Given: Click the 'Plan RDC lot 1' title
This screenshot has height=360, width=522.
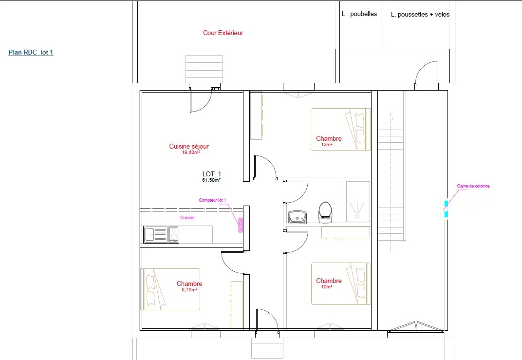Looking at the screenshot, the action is pyautogui.click(x=31, y=52).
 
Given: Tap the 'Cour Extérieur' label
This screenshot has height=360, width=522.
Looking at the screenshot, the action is pyautogui.click(x=223, y=33).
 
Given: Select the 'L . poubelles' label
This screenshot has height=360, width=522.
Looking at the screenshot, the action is pyautogui.click(x=359, y=14).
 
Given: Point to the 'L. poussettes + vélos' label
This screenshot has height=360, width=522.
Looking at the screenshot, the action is pyautogui.click(x=420, y=14).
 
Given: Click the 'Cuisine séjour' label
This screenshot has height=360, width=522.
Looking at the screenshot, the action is pyautogui.click(x=189, y=146).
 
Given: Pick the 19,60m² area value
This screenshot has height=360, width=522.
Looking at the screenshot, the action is pyautogui.click(x=191, y=152).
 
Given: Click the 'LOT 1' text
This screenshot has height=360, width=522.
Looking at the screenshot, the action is pyautogui.click(x=212, y=174).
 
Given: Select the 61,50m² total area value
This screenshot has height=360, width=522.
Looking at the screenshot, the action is pyautogui.click(x=211, y=180).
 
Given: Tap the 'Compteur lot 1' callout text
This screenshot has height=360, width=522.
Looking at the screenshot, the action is pyautogui.click(x=212, y=200).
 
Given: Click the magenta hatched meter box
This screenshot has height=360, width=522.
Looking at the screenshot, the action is pyautogui.click(x=241, y=225).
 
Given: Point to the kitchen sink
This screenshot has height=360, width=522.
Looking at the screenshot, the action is pyautogui.click(x=156, y=234).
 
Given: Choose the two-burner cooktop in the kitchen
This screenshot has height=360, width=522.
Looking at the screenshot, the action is pyautogui.click(x=173, y=234).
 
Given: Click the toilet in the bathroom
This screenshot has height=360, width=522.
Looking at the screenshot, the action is pyautogui.click(x=325, y=212).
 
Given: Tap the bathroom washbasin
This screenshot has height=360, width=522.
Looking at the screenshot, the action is pyautogui.click(x=298, y=216).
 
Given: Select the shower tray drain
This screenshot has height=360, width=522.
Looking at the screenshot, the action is pyautogui.click(x=357, y=216).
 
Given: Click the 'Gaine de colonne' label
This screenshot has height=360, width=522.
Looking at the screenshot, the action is pyautogui.click(x=473, y=186).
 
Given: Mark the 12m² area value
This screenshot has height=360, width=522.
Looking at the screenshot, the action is pyautogui.click(x=327, y=145).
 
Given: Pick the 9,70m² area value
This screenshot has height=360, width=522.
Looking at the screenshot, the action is pyautogui.click(x=189, y=290).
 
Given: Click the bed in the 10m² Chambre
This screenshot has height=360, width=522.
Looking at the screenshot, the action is pyautogui.click(x=341, y=284).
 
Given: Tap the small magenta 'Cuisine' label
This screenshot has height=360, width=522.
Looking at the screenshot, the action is pyautogui.click(x=187, y=218).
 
